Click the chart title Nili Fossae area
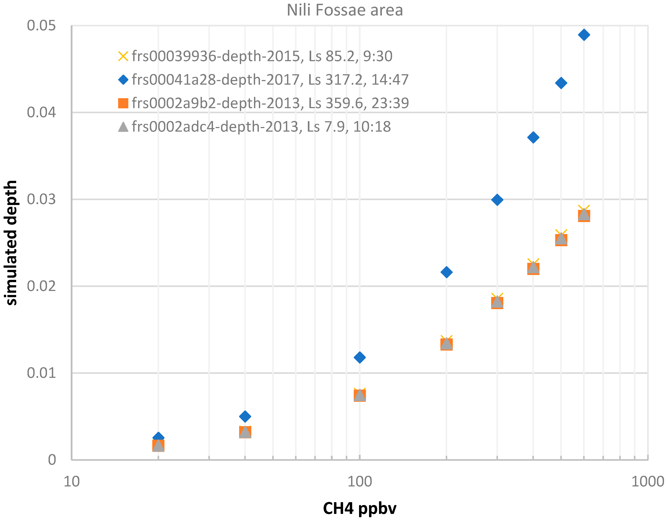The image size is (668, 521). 345,10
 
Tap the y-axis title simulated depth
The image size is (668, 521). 11,243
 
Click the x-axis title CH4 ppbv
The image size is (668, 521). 360,508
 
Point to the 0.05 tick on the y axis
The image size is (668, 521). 41,25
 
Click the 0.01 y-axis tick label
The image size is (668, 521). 41,373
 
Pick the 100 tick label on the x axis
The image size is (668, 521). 360,482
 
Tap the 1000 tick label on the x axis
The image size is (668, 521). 648,482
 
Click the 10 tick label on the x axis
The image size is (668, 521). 72,482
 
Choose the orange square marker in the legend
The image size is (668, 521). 123,103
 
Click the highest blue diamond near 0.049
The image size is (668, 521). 584,35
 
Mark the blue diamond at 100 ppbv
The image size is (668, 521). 360,357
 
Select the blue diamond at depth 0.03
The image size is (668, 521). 497,200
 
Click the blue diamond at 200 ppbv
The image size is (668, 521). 447,272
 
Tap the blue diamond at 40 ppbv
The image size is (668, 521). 245,416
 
